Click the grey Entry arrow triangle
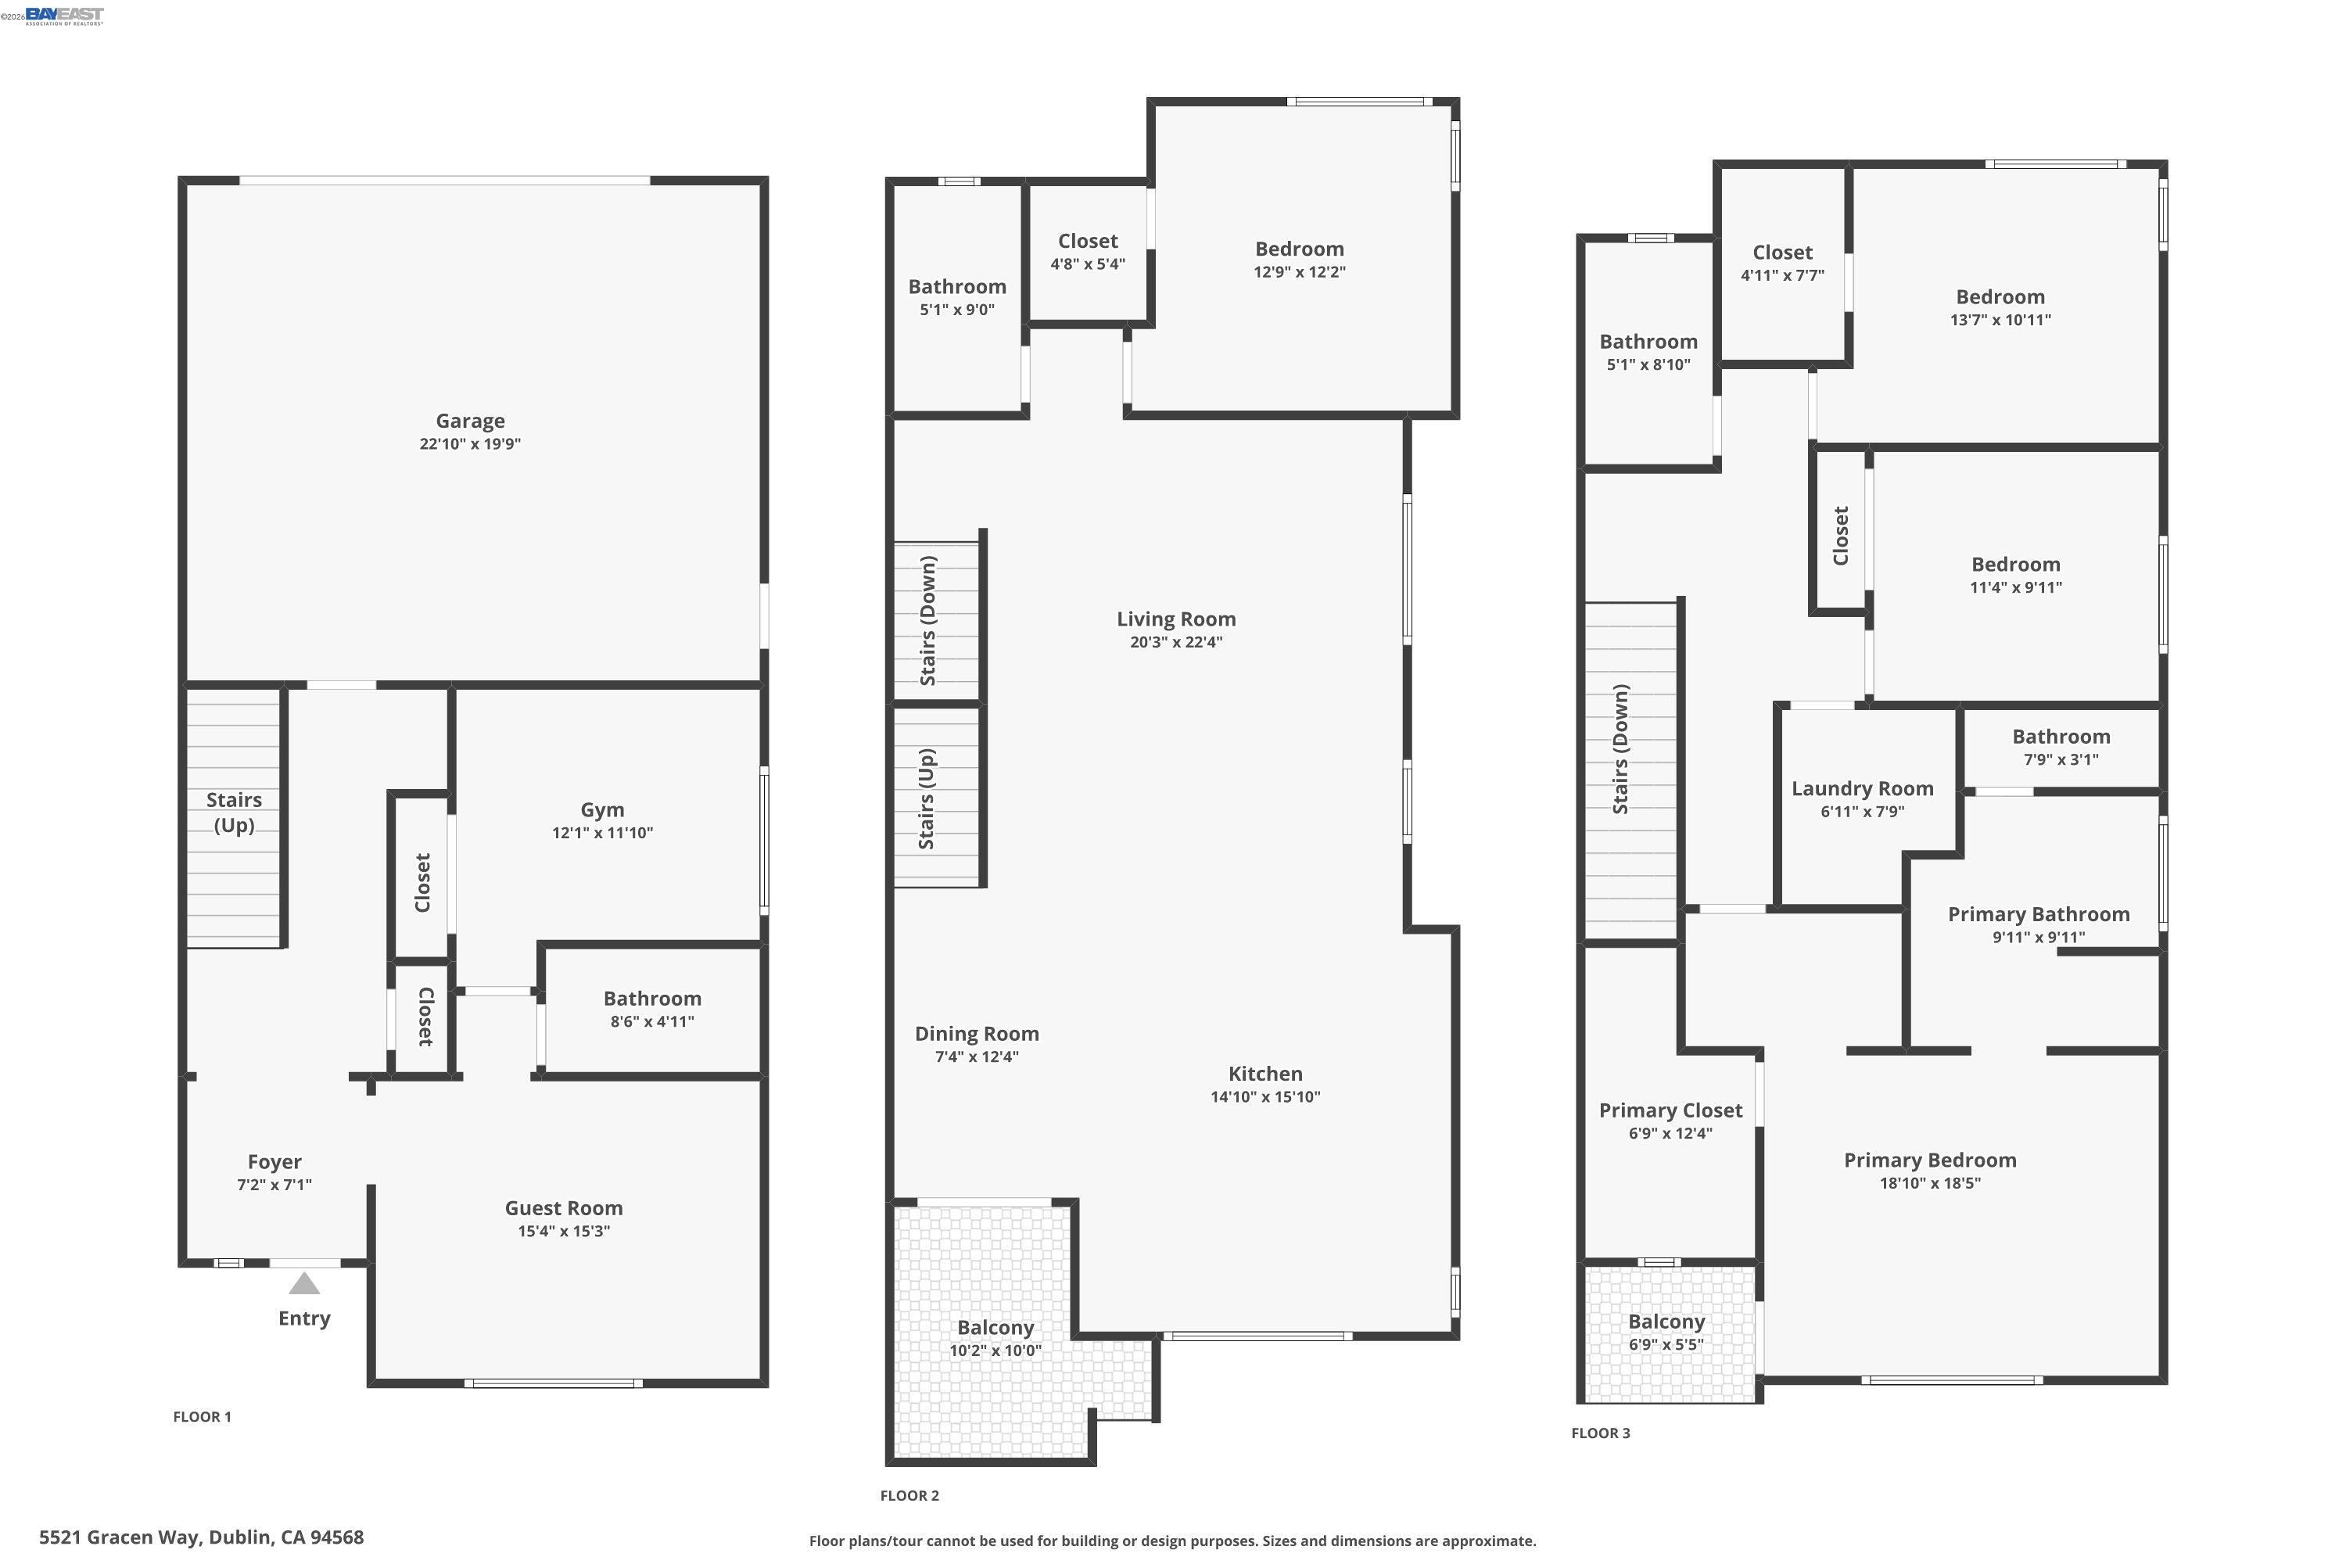[304, 1284]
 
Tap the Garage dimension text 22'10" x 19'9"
[470, 444]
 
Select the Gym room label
[602, 810]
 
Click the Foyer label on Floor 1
[274, 1162]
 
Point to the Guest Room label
[564, 1208]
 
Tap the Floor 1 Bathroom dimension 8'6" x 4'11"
[652, 1021]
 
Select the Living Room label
[1176, 619]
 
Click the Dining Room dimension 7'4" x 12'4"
[977, 1057]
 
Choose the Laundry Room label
[1862, 789]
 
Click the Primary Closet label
[1670, 1110]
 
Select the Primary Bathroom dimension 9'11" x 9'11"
[2039, 938]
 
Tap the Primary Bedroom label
[1930, 1160]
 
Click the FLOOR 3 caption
[1600, 1433]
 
